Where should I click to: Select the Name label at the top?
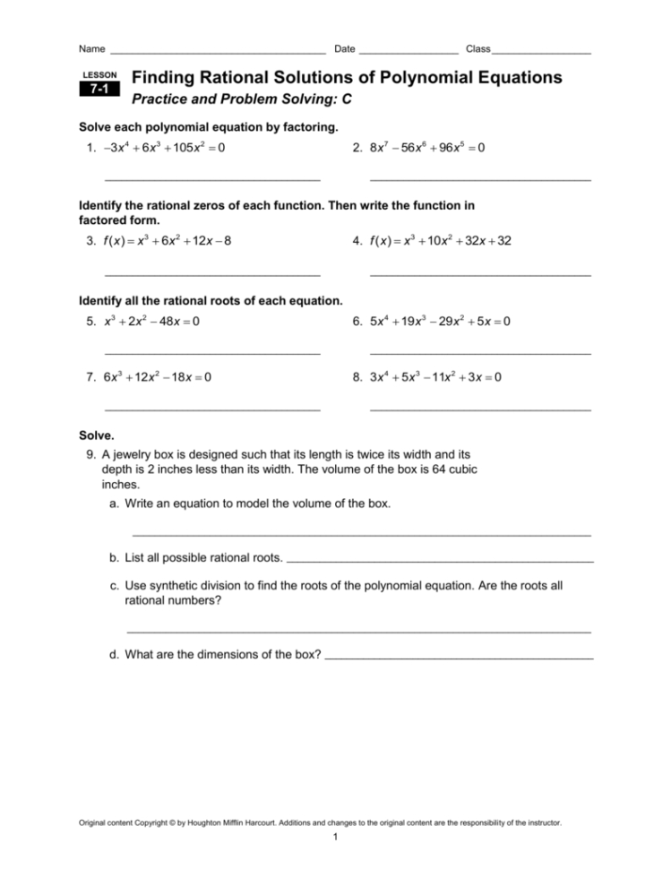[x=92, y=47]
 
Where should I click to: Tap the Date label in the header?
[x=344, y=47]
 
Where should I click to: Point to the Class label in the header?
[x=478, y=47]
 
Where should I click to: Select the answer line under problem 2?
[x=479, y=181]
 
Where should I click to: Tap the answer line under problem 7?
[x=212, y=409]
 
